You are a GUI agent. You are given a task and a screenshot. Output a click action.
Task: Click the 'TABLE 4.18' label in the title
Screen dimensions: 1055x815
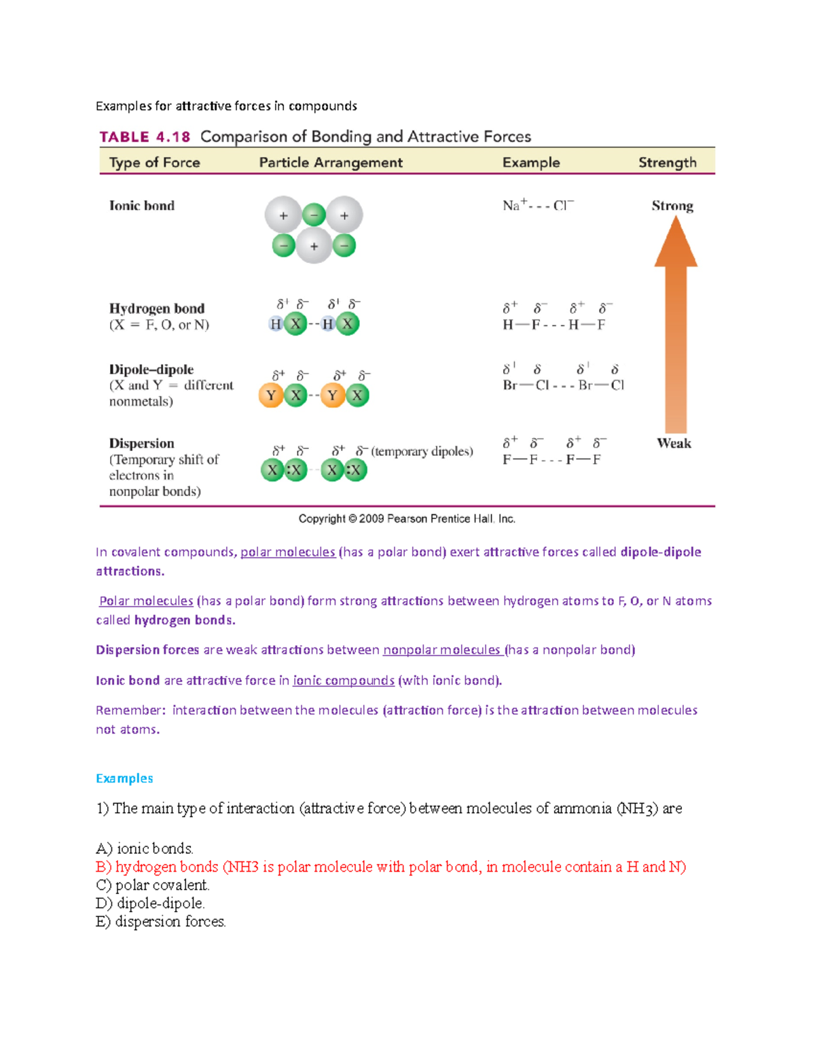pyautogui.click(x=145, y=137)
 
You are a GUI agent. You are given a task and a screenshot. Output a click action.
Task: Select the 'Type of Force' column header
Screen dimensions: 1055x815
pyautogui.click(x=154, y=162)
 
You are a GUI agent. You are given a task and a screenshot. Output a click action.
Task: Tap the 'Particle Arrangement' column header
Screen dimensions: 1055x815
pyautogui.click(x=331, y=162)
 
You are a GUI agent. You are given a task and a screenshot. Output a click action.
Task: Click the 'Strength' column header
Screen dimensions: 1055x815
pyautogui.click(x=667, y=162)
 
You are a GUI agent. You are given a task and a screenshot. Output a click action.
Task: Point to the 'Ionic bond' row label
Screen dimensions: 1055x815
pyautogui.click(x=142, y=206)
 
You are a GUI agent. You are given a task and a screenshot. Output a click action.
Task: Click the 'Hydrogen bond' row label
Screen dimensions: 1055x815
pyautogui.click(x=157, y=308)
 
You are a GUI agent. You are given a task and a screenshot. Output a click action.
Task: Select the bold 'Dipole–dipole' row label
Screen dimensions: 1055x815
pyautogui.click(x=151, y=370)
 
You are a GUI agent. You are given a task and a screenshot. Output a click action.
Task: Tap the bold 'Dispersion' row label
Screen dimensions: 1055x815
pyautogui.click(x=141, y=444)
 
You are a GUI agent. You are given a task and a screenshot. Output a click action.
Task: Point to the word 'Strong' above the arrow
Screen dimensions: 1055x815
pyautogui.click(x=672, y=206)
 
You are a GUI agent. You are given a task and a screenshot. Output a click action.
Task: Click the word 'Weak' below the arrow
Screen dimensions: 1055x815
pyautogui.click(x=674, y=444)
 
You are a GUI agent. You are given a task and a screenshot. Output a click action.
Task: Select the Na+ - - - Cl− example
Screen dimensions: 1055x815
pyautogui.click(x=538, y=205)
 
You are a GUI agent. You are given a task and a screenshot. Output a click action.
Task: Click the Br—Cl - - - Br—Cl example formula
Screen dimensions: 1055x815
pyautogui.click(x=563, y=385)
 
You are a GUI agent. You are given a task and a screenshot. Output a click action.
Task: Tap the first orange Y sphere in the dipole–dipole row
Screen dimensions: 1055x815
pyautogui.click(x=271, y=395)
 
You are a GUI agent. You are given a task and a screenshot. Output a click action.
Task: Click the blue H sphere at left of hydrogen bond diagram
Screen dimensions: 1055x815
pyautogui.click(x=276, y=324)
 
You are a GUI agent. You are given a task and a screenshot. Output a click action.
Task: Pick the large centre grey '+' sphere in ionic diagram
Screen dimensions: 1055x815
pyautogui.click(x=314, y=246)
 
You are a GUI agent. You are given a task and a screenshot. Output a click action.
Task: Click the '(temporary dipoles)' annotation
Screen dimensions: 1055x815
pyautogui.click(x=422, y=452)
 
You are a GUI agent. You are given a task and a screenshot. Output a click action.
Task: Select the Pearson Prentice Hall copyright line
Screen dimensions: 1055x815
pyautogui.click(x=407, y=519)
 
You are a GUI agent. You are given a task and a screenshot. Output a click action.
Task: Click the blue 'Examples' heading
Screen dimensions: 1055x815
pyautogui.click(x=124, y=779)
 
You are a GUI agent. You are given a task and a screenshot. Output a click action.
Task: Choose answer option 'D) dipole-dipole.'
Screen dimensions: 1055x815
pyautogui.click(x=150, y=904)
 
